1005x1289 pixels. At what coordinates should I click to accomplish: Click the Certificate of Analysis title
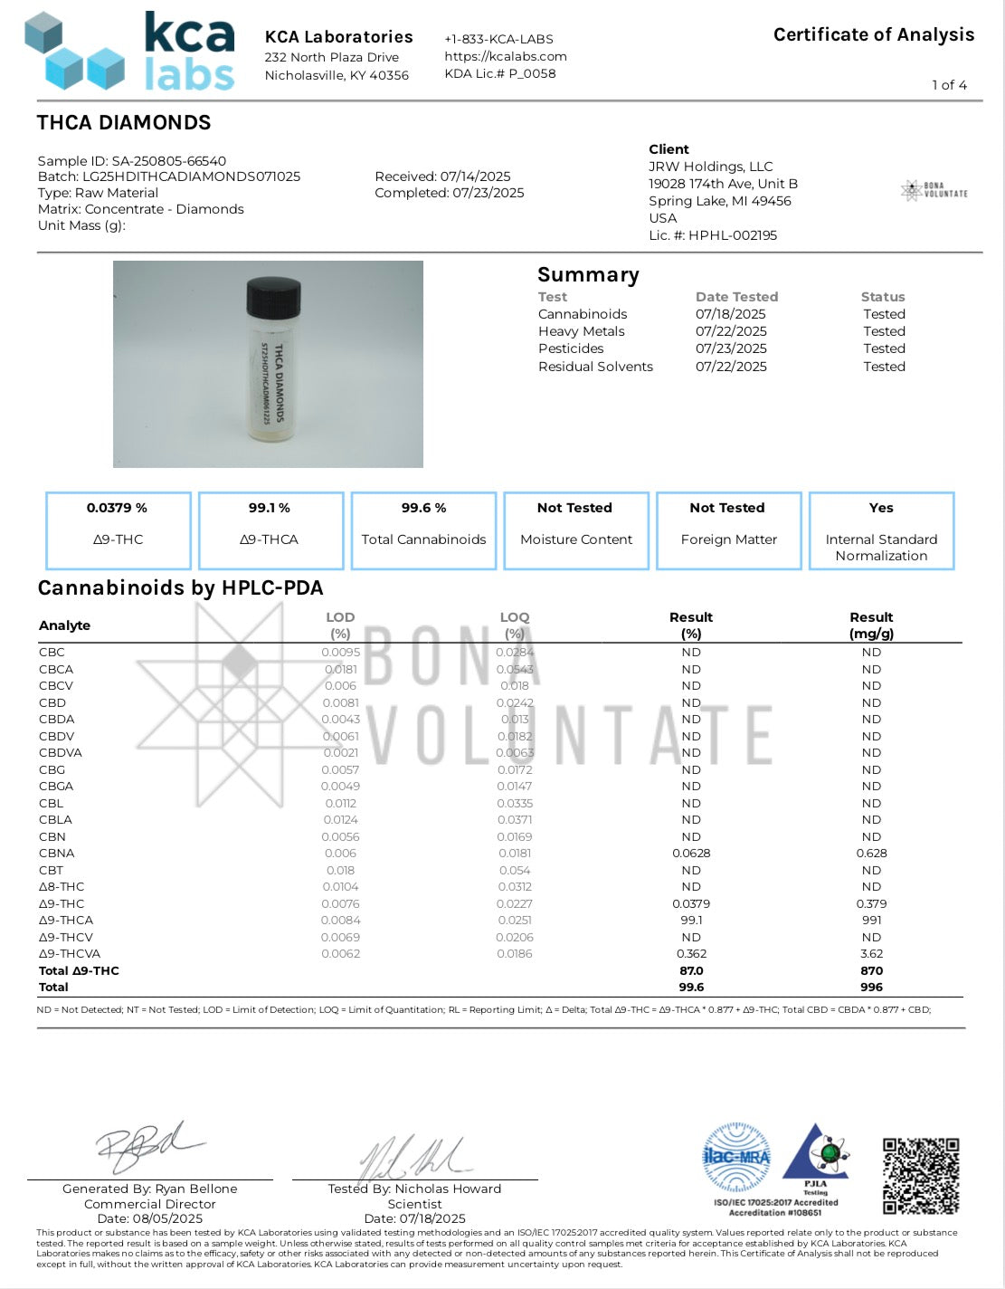873,35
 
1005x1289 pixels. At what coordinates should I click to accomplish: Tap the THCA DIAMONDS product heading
124,123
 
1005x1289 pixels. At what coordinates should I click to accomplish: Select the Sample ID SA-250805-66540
132,161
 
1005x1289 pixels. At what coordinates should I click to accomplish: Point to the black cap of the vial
273,296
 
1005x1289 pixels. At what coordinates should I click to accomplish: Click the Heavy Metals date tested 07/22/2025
731,331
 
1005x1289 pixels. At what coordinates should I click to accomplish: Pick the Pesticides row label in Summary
571,349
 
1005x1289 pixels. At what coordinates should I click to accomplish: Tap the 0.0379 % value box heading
118,508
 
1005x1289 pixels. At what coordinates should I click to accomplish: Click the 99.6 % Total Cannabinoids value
423,508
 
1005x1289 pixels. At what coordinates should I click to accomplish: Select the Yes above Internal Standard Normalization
881,508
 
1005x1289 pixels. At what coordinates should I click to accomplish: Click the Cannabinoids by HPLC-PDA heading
180,588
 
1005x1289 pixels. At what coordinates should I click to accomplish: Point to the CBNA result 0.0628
691,854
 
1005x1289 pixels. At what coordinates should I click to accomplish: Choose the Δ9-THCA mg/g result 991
871,921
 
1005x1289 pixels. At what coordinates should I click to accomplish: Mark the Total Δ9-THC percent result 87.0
691,970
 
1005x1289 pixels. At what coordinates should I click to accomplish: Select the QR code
921,1176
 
